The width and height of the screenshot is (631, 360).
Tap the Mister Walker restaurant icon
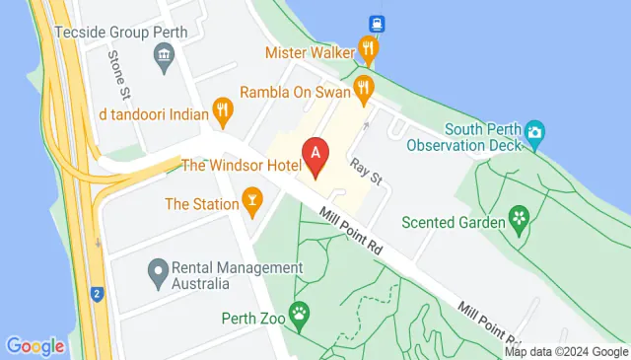pos(369,47)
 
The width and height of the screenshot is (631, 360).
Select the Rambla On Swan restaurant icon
pos(364,90)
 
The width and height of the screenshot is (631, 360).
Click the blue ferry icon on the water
pos(377,23)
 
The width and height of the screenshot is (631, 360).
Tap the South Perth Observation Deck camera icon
pos(535,132)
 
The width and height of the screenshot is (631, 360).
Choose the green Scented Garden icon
pos(518,217)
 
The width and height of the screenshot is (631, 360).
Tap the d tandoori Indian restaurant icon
pos(223,112)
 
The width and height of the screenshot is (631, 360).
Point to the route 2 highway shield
pos(97,293)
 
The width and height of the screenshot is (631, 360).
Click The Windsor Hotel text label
pos(241,165)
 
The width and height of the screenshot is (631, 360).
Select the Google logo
pos(35,346)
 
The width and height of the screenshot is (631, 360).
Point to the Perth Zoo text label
pos(252,319)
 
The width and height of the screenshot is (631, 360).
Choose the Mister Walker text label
pos(311,49)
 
